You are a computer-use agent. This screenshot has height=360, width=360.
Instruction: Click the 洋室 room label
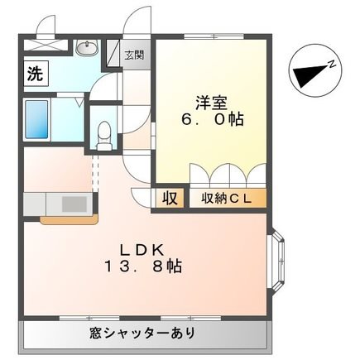click(x=212, y=103)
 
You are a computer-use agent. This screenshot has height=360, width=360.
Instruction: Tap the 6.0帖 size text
click(x=213, y=120)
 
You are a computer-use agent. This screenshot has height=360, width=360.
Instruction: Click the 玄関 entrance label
click(x=133, y=56)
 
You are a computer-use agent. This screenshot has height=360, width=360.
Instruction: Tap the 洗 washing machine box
click(x=35, y=72)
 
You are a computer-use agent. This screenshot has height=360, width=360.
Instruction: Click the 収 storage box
click(x=168, y=199)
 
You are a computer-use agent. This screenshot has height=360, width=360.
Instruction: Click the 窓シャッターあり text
click(x=144, y=334)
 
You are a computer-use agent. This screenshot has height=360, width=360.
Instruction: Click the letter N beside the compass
click(x=330, y=63)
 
